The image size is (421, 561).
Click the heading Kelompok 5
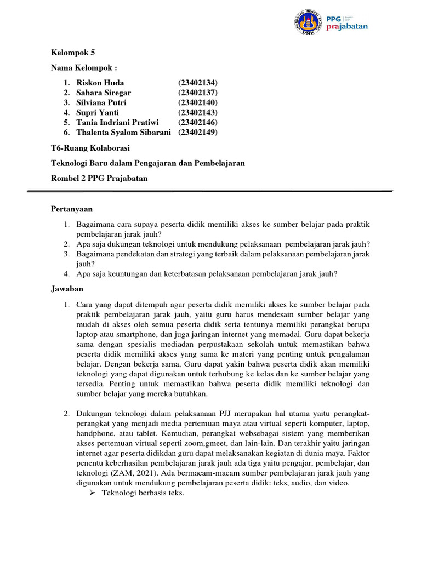tap(73, 53)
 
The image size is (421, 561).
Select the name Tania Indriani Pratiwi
tap(117, 122)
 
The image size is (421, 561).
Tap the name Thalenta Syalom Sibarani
tap(124, 132)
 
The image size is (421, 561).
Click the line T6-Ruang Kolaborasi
tap(90, 148)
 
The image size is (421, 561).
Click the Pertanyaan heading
tap(72, 209)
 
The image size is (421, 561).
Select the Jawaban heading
tap(67, 288)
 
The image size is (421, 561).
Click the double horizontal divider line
tap(210, 191)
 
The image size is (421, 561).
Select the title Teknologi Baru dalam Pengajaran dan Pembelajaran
tap(148, 163)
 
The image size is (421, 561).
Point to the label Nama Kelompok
tap(84, 68)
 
